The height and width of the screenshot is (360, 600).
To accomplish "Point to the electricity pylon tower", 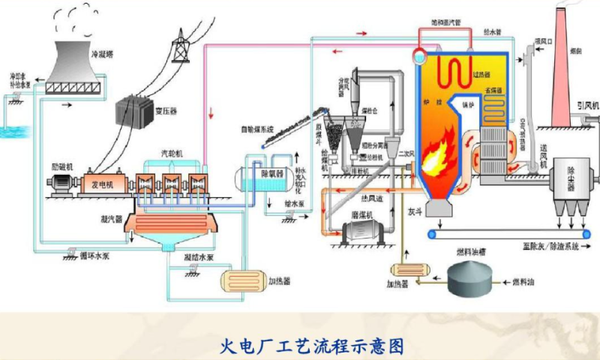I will (x=181, y=46).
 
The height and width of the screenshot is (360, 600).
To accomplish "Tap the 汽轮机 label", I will (x=172, y=153).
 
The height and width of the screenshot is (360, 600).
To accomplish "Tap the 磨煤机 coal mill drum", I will (x=362, y=234).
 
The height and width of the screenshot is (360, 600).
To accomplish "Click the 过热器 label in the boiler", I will (x=483, y=73).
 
